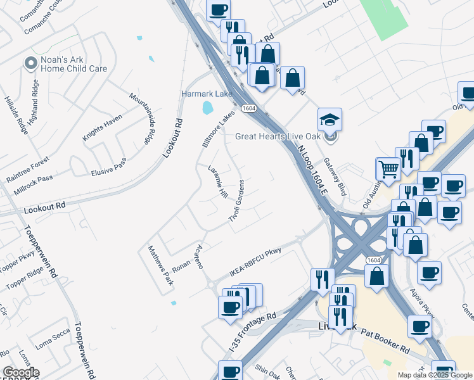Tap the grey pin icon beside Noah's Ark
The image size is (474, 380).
pyautogui.click(x=29, y=63)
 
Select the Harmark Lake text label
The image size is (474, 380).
pyautogui.click(x=207, y=93)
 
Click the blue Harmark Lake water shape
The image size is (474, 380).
pyautogui.click(x=208, y=108)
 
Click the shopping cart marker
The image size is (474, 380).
pyautogui.click(x=388, y=169)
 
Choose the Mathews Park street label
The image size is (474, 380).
pyautogui.click(x=160, y=265)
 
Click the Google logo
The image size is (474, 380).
pyautogui.click(x=21, y=372)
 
